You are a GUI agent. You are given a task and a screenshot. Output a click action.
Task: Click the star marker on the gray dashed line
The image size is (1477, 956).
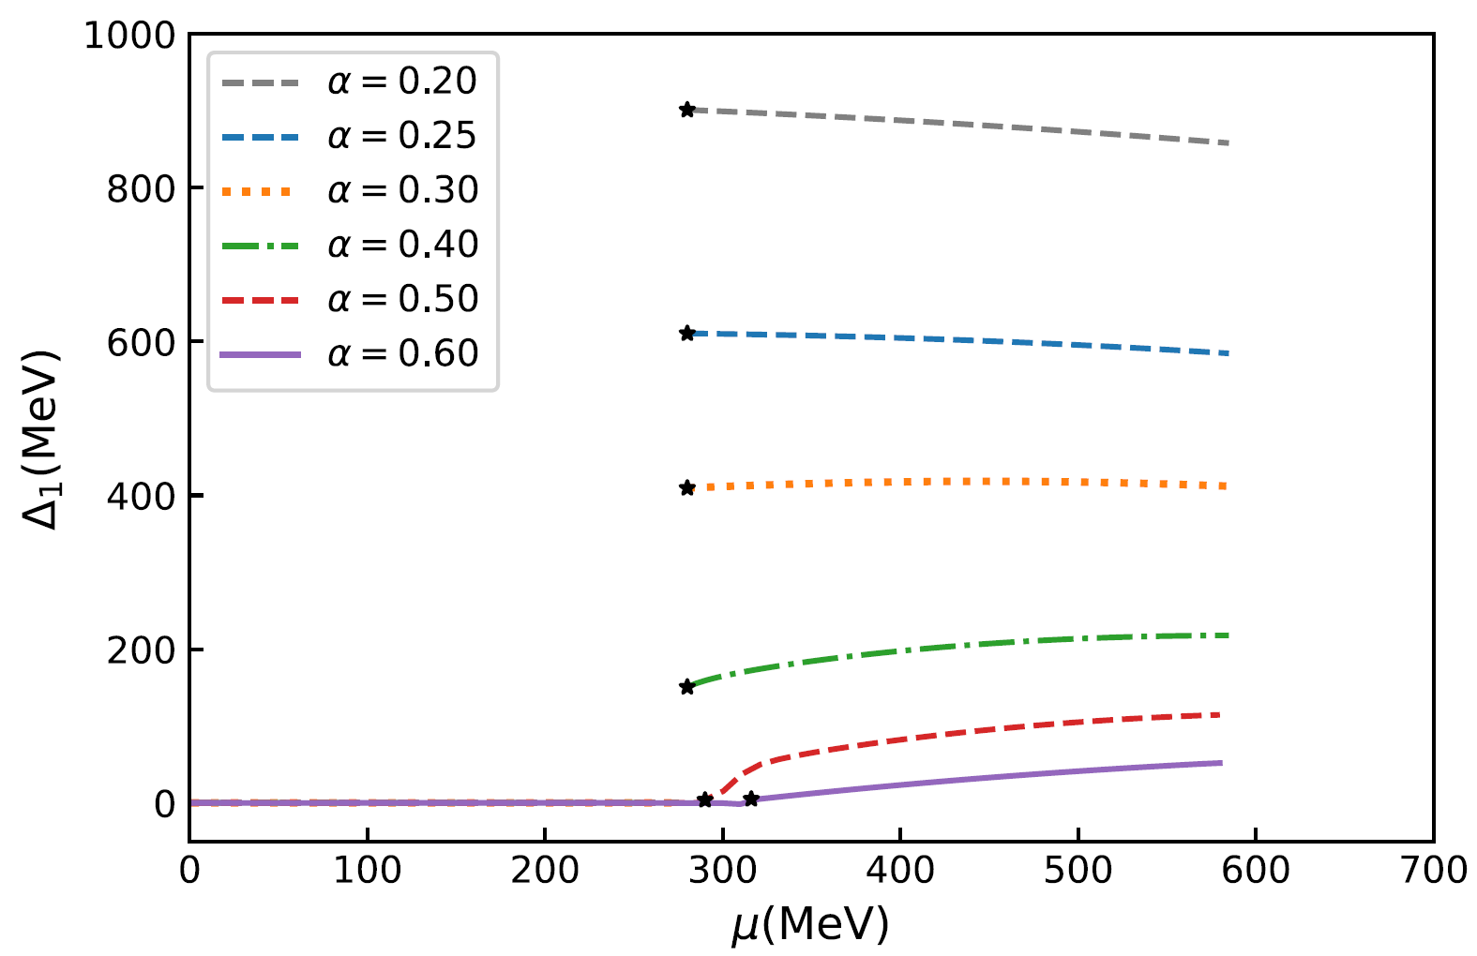point(687,110)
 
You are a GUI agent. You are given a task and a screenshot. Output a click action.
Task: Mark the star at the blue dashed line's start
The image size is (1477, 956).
point(687,334)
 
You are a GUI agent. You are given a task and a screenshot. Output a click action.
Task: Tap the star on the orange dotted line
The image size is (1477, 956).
point(687,487)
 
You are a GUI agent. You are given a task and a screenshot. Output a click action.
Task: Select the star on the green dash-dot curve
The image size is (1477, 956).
point(687,687)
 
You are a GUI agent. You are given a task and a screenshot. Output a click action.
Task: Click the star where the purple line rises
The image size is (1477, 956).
point(751,799)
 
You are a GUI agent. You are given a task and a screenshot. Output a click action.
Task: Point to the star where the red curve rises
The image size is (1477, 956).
point(705,799)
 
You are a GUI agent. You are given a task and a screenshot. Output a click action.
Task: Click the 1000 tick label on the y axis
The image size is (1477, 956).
point(129,36)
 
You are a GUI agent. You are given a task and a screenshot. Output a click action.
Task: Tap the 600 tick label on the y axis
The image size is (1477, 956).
point(141,342)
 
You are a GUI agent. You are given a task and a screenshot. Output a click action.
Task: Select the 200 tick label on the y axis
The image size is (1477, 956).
point(141,650)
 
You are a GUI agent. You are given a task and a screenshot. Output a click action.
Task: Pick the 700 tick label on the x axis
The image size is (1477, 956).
point(1433,871)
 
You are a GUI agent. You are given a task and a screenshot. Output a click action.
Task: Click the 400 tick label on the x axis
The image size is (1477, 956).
point(900,871)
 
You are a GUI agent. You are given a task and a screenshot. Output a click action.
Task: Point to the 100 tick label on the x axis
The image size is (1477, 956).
point(368,871)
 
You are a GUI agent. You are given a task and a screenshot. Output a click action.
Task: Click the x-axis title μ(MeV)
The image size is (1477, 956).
point(810,926)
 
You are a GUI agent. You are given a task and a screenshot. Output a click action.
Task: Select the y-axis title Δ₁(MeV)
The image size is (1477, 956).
point(41,439)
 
